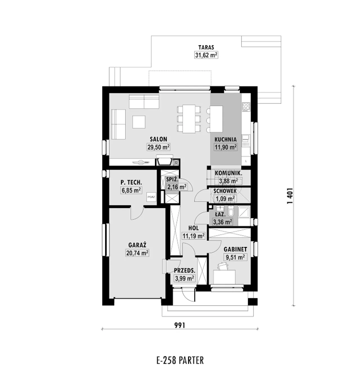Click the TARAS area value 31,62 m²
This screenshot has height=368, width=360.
(x=206, y=55)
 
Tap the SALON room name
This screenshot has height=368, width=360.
(x=159, y=139)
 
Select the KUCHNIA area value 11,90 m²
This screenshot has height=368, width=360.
(x=226, y=147)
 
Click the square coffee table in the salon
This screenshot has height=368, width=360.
(x=139, y=122)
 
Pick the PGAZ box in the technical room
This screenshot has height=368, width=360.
(x=151, y=197)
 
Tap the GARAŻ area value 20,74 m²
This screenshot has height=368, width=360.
(x=137, y=253)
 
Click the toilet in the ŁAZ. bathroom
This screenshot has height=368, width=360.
(x=231, y=211)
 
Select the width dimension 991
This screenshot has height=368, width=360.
(x=180, y=325)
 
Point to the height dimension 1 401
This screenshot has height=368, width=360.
(x=290, y=196)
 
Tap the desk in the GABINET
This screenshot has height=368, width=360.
(x=224, y=277)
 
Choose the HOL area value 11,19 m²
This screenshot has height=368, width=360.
(x=193, y=236)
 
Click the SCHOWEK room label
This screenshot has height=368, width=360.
(x=225, y=191)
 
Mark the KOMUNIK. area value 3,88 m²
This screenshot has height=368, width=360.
(x=228, y=181)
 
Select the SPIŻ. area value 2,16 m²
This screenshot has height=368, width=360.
(x=177, y=187)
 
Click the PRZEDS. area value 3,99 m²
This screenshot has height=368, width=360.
(x=184, y=278)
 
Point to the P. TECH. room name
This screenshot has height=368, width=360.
(x=131, y=182)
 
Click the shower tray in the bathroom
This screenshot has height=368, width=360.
(x=244, y=212)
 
